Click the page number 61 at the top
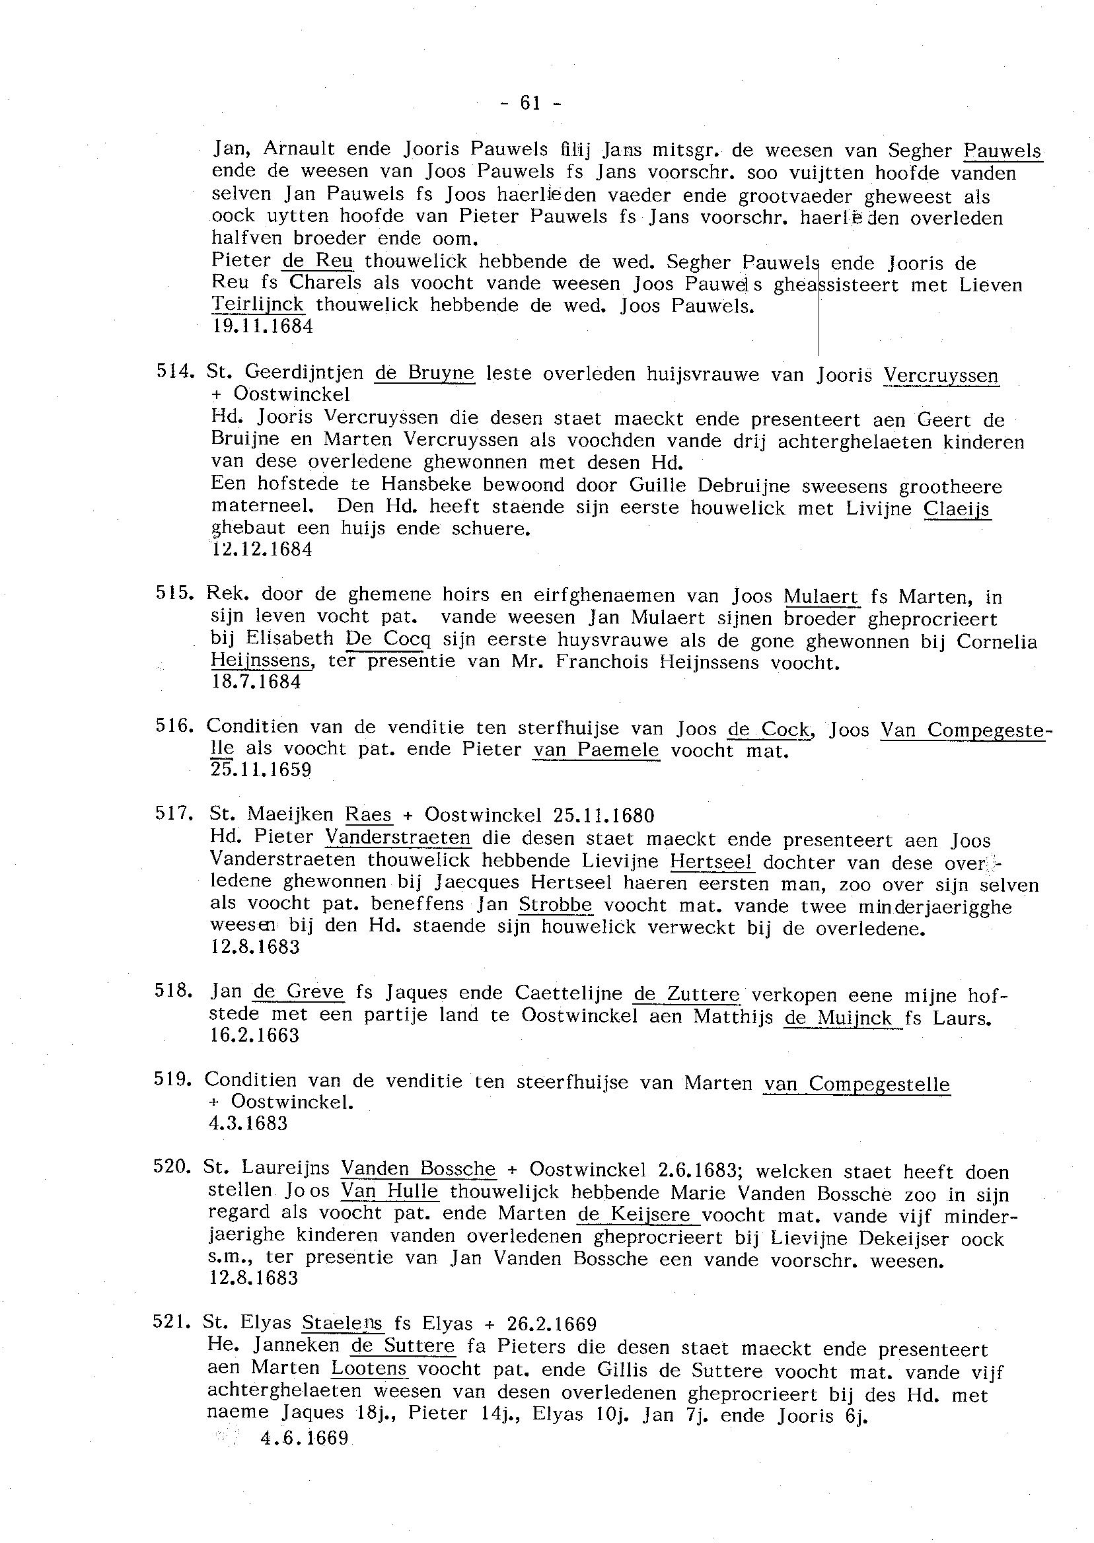tap(530, 103)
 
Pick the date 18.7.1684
tap(256, 682)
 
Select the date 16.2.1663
tap(254, 1035)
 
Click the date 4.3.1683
tap(248, 1124)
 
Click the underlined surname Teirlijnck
tap(258, 305)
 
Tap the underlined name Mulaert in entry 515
tap(821, 596)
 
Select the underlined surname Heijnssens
tap(262, 661)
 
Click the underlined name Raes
tap(368, 815)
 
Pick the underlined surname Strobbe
tap(556, 904)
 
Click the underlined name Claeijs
tap(956, 508)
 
